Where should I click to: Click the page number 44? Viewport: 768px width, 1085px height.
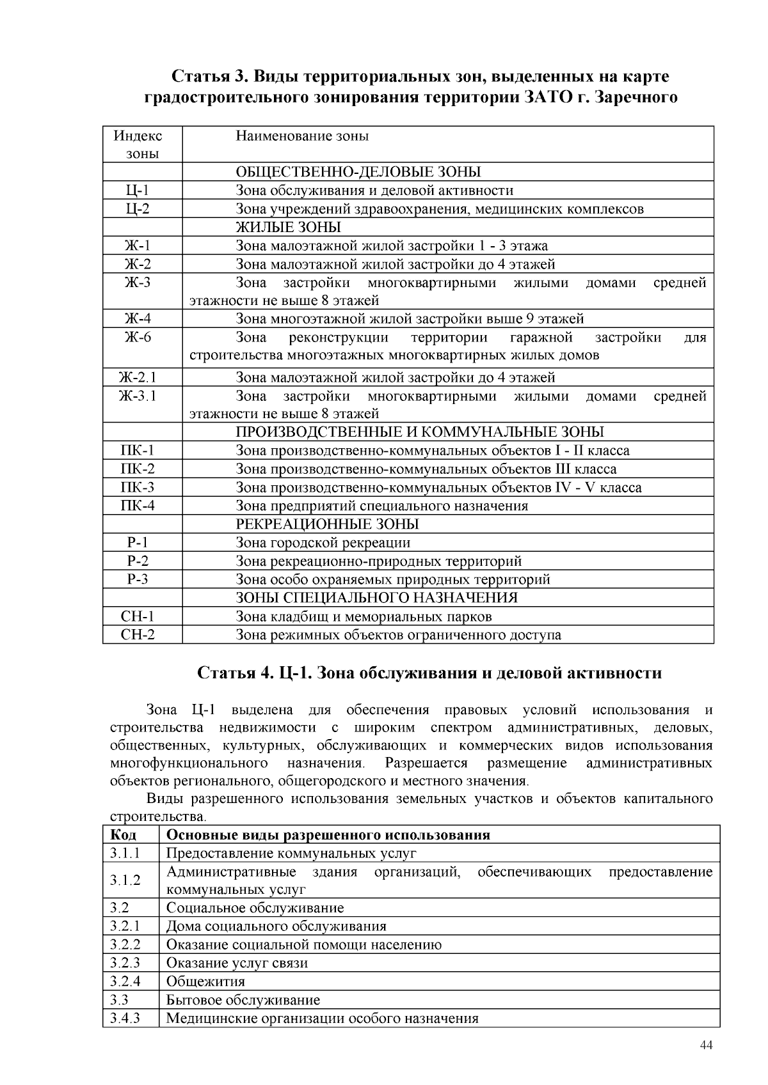[x=707, y=1045]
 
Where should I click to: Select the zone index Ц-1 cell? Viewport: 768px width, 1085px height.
[x=138, y=191]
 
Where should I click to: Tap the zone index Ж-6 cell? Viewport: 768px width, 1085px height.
[x=138, y=338]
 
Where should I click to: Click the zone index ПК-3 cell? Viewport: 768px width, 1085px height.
[x=138, y=488]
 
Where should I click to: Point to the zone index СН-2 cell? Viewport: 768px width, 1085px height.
[x=138, y=635]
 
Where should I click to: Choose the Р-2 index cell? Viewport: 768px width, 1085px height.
[x=138, y=561]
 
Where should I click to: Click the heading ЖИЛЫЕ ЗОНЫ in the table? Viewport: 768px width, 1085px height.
[x=288, y=228]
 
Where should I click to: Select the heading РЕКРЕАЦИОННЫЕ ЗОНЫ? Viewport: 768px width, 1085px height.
[x=327, y=524]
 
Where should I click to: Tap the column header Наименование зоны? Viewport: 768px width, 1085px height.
[x=302, y=136]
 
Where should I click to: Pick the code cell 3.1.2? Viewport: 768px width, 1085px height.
[x=125, y=880]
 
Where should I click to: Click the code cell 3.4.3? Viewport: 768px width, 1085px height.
[x=125, y=1019]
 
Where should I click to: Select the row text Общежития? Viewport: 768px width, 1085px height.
[x=205, y=981]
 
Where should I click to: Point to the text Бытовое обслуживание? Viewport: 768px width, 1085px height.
[x=243, y=1000]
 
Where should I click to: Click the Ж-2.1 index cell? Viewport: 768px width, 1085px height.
[x=138, y=378]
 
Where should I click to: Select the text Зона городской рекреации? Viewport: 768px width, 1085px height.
[x=323, y=543]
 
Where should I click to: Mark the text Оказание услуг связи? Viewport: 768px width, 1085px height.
[x=237, y=963]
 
